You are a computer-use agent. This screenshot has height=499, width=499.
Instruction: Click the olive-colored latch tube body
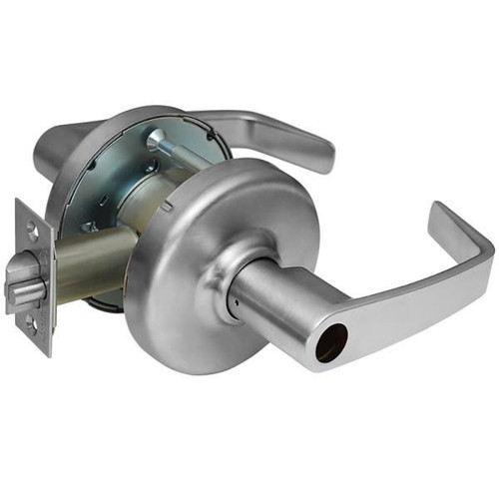95,261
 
